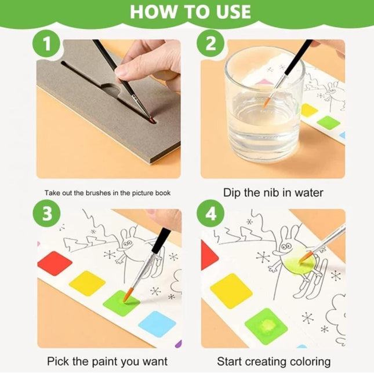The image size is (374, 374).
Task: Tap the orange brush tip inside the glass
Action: coord(266,102)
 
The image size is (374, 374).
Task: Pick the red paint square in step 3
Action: coord(55,263)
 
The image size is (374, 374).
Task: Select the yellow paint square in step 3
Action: coord(88,283)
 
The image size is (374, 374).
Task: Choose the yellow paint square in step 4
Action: coord(230,289)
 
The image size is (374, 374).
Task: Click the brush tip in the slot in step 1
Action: coord(151,120)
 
